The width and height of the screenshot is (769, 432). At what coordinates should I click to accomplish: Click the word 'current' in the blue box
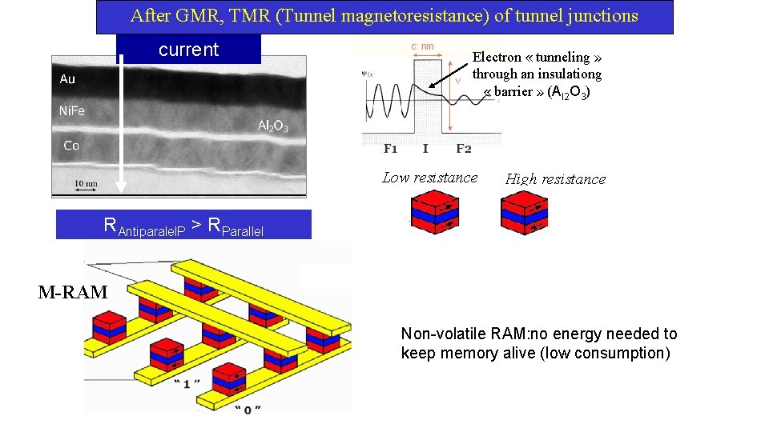click(x=188, y=50)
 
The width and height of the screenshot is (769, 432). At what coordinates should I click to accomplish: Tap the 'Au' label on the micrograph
click(x=68, y=78)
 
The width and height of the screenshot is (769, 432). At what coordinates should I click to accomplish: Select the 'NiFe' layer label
click(x=73, y=110)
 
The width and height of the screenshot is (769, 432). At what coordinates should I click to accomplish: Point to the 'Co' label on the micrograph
click(x=71, y=145)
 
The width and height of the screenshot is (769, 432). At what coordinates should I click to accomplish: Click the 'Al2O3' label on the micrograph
click(x=272, y=126)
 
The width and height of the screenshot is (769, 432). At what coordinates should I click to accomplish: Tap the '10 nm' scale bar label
click(x=86, y=183)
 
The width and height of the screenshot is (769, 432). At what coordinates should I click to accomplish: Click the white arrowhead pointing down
click(x=121, y=186)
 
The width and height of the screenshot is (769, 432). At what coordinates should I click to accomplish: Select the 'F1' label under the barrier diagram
click(x=391, y=149)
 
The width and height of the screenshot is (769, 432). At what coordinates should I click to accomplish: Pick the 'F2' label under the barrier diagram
click(x=464, y=149)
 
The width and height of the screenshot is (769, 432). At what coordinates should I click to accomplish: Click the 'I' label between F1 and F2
click(x=425, y=149)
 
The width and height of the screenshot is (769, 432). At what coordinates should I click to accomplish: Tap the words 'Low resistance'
click(x=430, y=178)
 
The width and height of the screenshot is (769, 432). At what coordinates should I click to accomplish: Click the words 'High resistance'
click(x=555, y=179)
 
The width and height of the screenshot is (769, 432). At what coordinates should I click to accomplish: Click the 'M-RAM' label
click(x=73, y=292)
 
